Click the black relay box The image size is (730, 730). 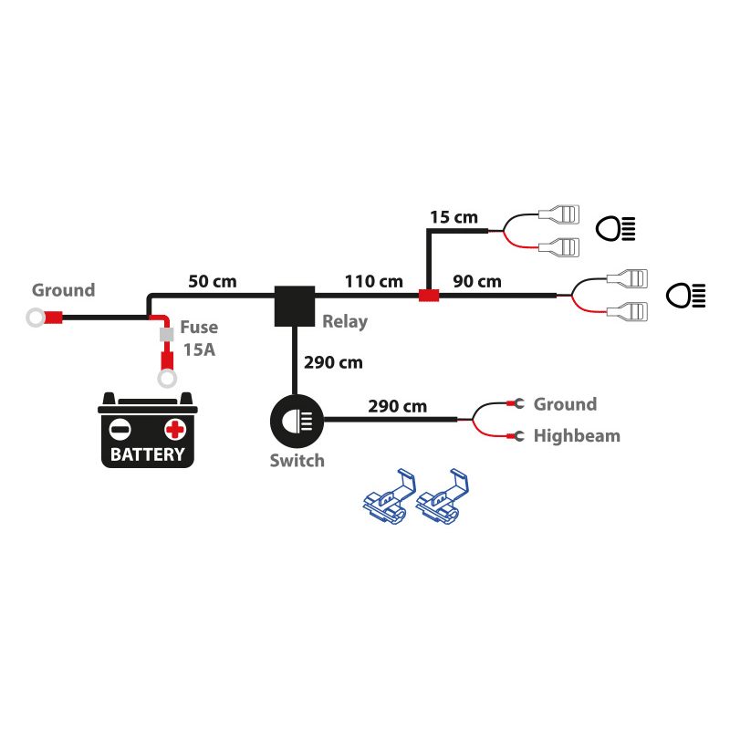295,306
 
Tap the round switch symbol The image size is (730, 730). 296,421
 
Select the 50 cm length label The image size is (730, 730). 213,280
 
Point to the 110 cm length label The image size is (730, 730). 373,280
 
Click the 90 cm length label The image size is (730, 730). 476,280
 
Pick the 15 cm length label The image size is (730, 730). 454,217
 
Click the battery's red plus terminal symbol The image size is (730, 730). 174,429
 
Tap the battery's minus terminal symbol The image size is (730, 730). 120,429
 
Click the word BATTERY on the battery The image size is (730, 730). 147,454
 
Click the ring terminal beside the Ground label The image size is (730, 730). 36,318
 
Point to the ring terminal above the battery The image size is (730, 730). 167,378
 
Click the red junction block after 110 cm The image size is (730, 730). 429,295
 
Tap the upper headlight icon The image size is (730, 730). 614,227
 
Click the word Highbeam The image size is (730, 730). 577,436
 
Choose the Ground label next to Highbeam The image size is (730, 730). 565,404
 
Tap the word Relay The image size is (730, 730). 345,321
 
